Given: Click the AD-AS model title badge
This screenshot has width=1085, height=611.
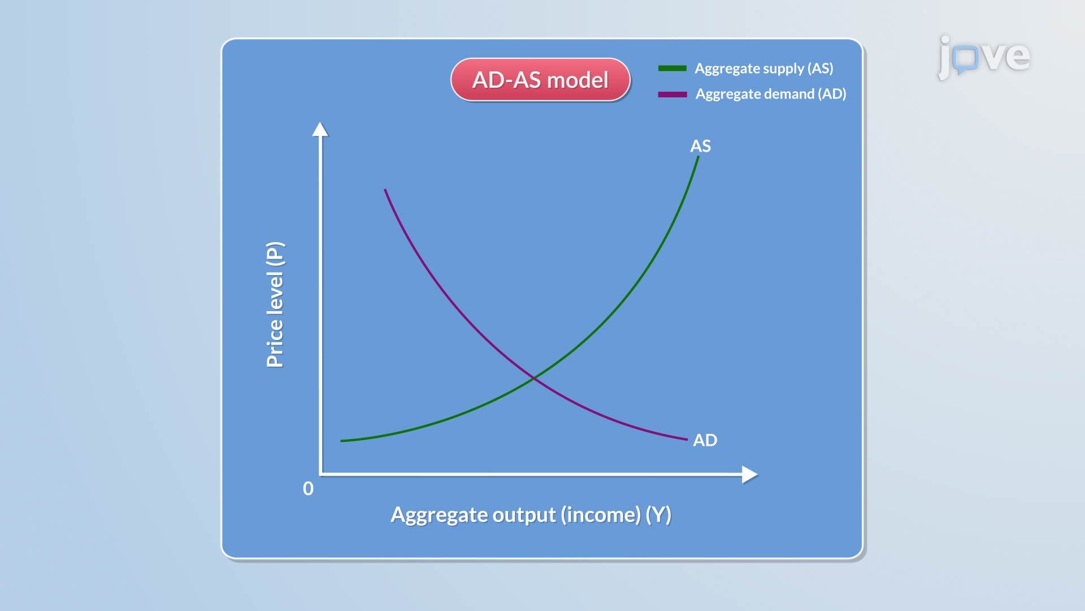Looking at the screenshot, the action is tap(540, 80).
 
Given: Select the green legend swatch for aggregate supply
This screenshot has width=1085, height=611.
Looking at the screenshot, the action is tap(672, 68).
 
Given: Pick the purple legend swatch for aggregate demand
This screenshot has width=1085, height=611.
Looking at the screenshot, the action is tap(672, 94).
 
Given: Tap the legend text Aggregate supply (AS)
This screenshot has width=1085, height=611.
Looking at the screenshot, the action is tap(764, 68).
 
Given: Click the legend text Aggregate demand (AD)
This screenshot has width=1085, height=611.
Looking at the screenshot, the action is tap(771, 94).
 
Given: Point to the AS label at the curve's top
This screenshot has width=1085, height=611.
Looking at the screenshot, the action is tap(701, 146).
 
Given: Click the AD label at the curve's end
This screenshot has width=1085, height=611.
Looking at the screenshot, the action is tap(705, 440).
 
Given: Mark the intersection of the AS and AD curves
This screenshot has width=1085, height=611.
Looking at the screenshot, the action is tap(534, 377).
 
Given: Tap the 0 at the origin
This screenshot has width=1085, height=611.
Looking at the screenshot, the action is tap(308, 488).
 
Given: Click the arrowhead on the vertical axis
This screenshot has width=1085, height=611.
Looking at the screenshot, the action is tap(320, 129).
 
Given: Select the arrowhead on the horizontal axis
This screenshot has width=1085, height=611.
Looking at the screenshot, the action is tap(750, 475).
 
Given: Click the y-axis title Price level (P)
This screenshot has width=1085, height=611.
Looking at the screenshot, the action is tap(275, 305).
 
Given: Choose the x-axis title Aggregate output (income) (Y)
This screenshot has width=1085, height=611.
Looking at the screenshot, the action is tap(531, 515).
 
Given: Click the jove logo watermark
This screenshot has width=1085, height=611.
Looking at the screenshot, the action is tap(984, 57).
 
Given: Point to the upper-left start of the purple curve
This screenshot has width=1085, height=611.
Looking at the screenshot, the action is tap(385, 190).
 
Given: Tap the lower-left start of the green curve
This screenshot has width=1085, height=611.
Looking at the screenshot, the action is tap(341, 441).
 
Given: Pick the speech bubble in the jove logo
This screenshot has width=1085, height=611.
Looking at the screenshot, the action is tap(966, 59).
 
